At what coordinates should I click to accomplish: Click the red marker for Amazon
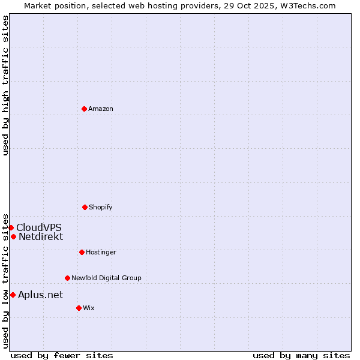[x=84, y=109]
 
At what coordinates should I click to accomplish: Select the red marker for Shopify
[x=85, y=207]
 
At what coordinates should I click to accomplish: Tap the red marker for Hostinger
[x=82, y=252]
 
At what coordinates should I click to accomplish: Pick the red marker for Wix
[x=79, y=308]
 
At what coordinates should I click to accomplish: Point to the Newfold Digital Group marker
[x=67, y=278]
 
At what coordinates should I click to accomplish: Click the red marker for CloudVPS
[x=11, y=227]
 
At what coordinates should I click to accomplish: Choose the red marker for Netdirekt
[x=13, y=236]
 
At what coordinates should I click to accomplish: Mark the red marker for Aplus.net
[x=13, y=295]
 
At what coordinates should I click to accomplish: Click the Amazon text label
[x=101, y=109]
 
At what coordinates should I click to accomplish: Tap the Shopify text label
[x=101, y=207]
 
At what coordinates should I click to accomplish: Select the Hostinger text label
[x=101, y=252]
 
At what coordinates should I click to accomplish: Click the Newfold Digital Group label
[x=106, y=278]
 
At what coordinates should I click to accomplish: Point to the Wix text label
[x=89, y=308]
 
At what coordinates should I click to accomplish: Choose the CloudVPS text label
[x=39, y=227]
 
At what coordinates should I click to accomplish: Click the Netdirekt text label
[x=41, y=236]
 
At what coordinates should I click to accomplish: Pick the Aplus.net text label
[x=40, y=295]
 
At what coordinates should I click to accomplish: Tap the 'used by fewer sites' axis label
[x=62, y=355]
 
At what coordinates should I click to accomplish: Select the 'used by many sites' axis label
[x=301, y=355]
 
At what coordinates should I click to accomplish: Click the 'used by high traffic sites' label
[x=5, y=85]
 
